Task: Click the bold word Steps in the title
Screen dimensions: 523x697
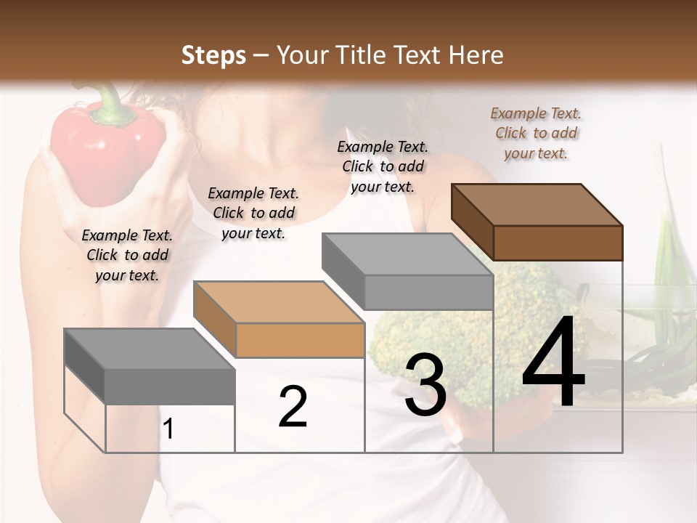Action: (213, 55)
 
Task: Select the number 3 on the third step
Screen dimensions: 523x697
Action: (425, 386)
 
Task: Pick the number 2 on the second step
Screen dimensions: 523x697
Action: (293, 407)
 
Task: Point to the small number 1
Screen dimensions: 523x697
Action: (168, 429)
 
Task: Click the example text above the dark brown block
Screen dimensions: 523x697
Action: (536, 133)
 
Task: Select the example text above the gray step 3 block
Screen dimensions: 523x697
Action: (383, 166)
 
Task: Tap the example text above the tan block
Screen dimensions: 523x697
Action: (253, 213)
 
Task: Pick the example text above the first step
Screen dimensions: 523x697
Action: (127, 255)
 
